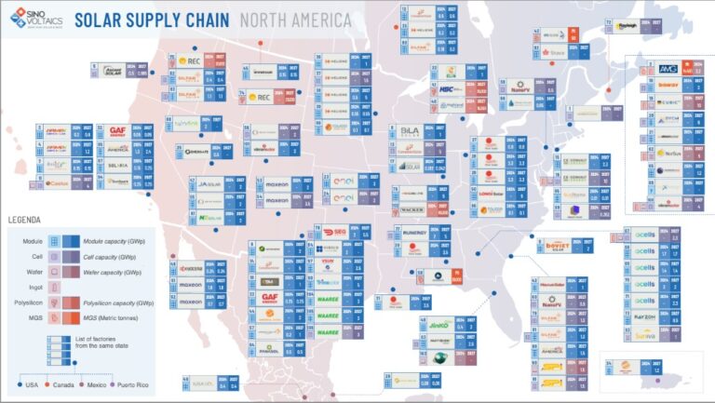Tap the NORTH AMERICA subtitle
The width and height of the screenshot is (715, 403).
click(x=295, y=20)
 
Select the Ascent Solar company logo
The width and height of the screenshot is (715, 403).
click(x=111, y=70)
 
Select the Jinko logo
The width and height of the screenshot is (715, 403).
click(x=439, y=325)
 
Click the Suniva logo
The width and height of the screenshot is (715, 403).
click(x=644, y=335)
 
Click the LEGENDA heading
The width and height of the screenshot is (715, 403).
click(x=26, y=220)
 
